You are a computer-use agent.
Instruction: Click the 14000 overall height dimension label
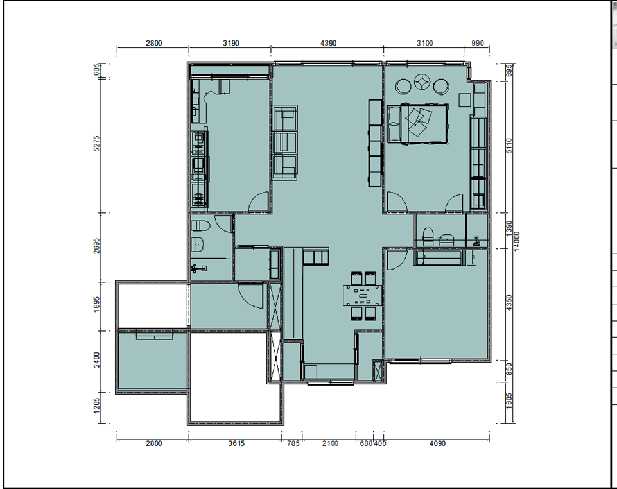517,241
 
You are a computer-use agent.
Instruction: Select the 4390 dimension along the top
328,43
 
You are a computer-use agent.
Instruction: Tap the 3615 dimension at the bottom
236,443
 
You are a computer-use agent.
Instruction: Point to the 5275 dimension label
97,144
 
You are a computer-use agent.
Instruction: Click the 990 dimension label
477,43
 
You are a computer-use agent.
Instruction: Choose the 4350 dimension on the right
509,302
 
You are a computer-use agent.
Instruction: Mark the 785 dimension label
293,443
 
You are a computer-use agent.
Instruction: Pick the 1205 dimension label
97,406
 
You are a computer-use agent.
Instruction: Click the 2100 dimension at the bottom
330,443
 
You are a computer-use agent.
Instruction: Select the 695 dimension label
509,71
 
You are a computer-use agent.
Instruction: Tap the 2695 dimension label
97,246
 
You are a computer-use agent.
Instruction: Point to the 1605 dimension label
509,401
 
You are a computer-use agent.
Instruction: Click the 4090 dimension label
437,443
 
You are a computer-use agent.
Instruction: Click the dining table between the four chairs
362,295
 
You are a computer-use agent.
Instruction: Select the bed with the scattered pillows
417,124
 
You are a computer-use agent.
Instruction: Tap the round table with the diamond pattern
422,83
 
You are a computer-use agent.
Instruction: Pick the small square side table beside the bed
465,100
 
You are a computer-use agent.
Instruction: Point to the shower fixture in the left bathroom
198,269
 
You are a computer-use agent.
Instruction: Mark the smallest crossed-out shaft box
378,371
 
